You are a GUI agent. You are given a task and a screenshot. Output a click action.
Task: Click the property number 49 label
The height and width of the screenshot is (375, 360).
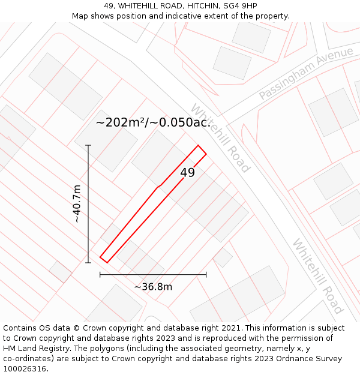187,173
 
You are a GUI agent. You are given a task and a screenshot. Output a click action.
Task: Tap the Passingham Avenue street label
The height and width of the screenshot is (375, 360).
306,73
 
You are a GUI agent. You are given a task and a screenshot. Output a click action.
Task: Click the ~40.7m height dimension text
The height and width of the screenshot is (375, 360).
77,204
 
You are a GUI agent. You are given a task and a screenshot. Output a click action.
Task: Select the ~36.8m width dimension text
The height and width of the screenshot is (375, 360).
153,287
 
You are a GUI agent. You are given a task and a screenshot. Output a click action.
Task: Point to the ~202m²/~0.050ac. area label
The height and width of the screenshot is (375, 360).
153,122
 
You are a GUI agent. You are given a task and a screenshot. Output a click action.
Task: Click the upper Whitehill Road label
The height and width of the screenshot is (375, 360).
220,138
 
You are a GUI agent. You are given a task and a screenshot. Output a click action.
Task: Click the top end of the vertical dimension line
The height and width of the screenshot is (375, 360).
88,145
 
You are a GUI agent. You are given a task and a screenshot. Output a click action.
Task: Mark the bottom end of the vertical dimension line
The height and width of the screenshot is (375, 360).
88,262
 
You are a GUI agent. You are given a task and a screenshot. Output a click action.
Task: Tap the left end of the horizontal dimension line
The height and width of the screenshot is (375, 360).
100,275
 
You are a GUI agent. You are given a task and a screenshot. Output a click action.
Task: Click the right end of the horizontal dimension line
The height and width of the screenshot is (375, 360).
206,275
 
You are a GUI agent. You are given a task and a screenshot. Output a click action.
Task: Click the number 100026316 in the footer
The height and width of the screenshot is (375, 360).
25,368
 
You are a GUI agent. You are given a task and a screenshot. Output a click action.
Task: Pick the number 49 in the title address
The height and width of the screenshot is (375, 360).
109,6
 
